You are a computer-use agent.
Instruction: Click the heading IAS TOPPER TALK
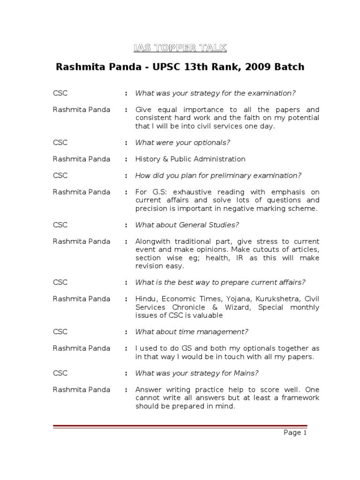tap(180, 48)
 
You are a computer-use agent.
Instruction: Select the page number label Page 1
tap(295, 433)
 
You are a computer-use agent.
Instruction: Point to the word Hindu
tap(146, 299)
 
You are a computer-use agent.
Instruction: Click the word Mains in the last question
tap(248, 373)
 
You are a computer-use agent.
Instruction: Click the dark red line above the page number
tap(180, 426)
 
